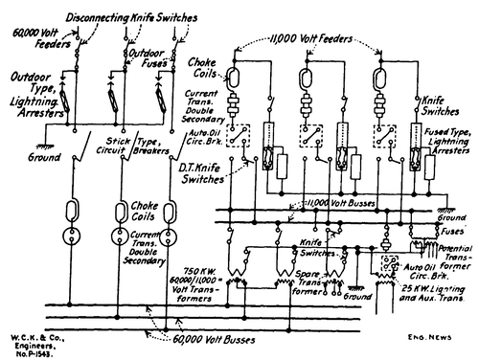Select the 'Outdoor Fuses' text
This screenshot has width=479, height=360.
pyautogui.click(x=151, y=55)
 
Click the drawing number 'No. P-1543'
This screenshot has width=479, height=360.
pyautogui.click(x=28, y=353)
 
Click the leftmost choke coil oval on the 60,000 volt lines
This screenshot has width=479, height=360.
pyautogui.click(x=71, y=210)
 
